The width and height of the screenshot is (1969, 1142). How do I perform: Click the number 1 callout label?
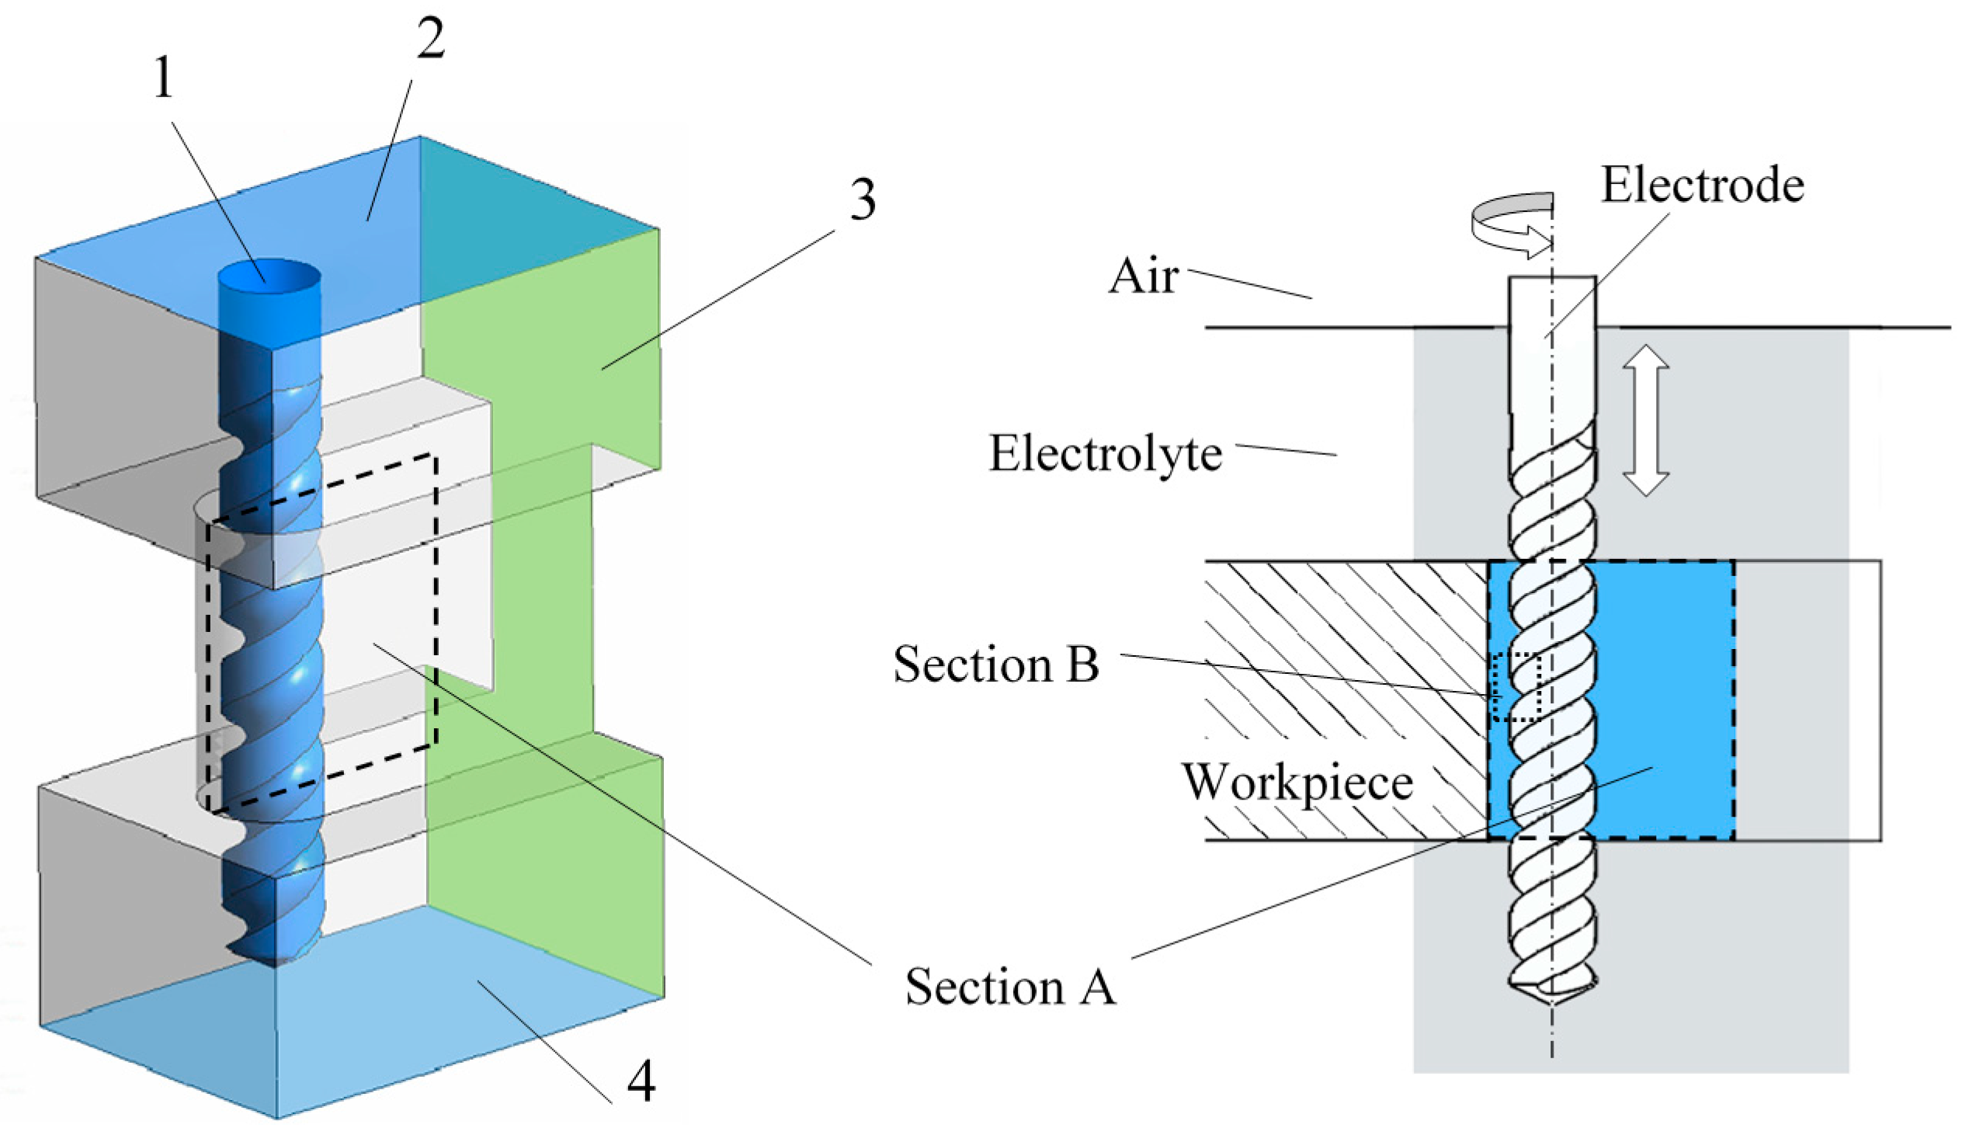coord(163,80)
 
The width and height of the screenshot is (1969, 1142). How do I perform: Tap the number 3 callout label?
coord(862,200)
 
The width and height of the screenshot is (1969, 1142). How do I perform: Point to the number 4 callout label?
coord(641,1081)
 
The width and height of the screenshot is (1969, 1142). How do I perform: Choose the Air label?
coord(1143,276)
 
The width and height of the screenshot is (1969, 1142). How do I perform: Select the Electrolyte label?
coord(1106,453)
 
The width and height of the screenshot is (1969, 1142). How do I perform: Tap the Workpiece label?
coord(1297,782)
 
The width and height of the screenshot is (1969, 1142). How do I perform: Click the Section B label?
coord(996,665)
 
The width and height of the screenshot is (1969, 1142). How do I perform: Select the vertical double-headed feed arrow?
coord(1644,420)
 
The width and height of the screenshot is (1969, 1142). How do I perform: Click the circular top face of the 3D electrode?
coord(269,276)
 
